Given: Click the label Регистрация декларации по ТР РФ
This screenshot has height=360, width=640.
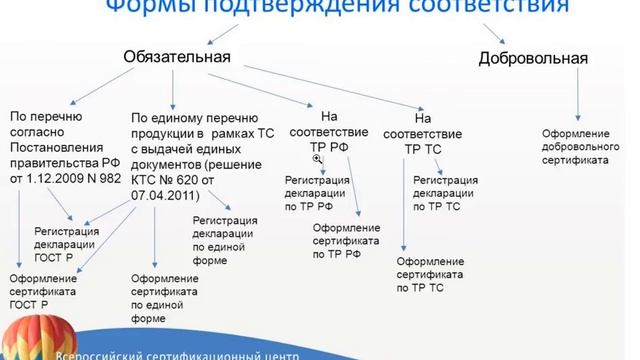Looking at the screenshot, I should click(x=317, y=190).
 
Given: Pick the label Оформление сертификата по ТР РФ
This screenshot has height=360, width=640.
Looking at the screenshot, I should click(x=347, y=240).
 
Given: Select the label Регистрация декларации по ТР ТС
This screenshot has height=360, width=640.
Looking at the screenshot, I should click(x=445, y=190).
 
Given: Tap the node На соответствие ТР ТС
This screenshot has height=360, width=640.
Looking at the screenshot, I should click(x=433, y=131).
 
